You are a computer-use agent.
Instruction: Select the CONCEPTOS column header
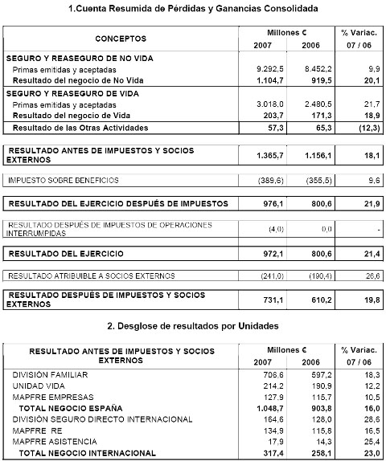[121, 38]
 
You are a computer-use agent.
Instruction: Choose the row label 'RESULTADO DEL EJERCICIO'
[65, 253]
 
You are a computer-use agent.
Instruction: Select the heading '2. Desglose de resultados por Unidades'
[193, 328]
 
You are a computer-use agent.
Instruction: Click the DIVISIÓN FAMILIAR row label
[47, 374]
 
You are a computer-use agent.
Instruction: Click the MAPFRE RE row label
[36, 430]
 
